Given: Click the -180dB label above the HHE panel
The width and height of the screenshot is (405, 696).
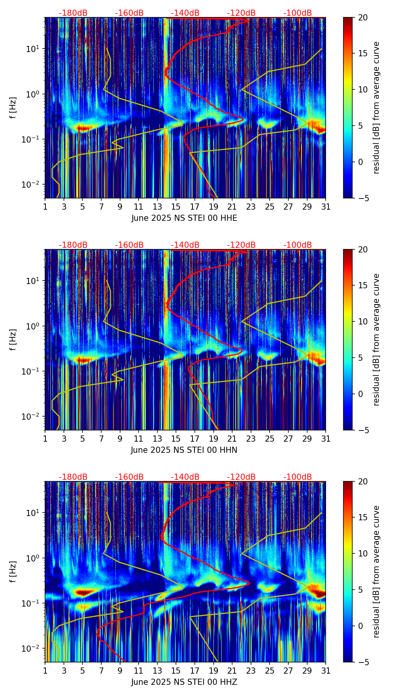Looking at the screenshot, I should point(73,13).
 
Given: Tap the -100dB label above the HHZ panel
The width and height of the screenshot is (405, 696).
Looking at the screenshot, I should point(298,477).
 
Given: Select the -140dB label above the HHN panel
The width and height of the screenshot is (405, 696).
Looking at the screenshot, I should point(185,245).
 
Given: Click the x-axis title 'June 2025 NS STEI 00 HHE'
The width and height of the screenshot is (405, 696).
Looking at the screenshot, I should point(184,218).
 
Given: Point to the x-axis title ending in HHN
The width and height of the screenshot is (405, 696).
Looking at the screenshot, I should point(184,450).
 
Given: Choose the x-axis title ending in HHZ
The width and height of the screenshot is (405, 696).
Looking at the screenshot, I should point(184,682).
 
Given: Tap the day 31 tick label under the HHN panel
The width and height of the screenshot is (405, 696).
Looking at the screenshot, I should point(326,439).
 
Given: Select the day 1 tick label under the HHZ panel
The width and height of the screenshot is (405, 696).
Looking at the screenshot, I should point(45,671).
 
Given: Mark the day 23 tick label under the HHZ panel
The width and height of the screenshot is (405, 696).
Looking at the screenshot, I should point(251,671).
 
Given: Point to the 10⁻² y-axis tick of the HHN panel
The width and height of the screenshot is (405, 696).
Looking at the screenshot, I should point(32,417).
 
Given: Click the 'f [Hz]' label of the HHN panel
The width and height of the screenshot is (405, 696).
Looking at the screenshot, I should point(13,340).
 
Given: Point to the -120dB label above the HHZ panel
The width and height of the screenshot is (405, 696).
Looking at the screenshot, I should point(241,477).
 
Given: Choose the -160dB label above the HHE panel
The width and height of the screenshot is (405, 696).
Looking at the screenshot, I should point(129,13).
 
